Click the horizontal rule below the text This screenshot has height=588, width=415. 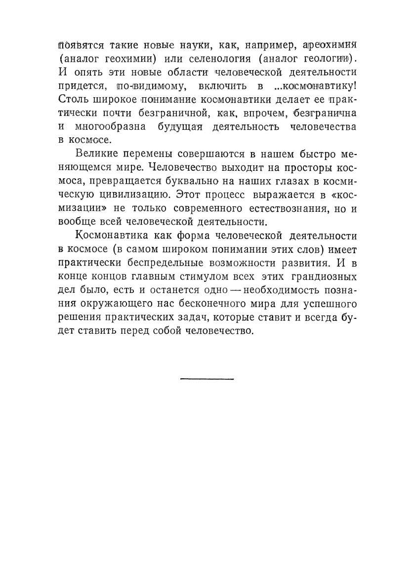[207, 379]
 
